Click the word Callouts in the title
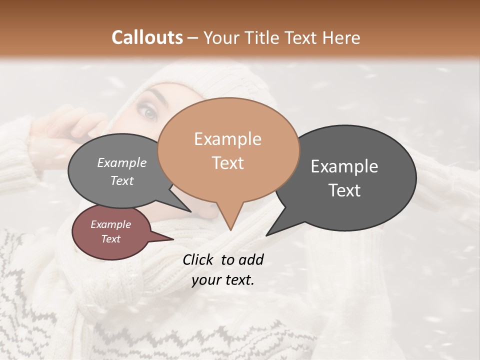click(x=147, y=37)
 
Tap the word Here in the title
click(x=341, y=37)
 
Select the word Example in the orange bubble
click(x=227, y=139)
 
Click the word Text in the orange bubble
click(x=227, y=162)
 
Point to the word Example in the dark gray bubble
click(x=344, y=166)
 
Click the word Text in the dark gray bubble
click(x=344, y=190)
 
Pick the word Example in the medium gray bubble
click(x=122, y=162)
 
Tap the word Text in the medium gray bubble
click(x=122, y=180)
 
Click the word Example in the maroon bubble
click(x=110, y=224)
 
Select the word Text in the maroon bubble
click(x=110, y=239)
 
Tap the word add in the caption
click(x=251, y=259)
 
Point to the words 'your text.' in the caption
click(x=222, y=280)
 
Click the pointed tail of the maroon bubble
click(x=167, y=239)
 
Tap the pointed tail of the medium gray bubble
click(x=186, y=208)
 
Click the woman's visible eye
click(x=149, y=112)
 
